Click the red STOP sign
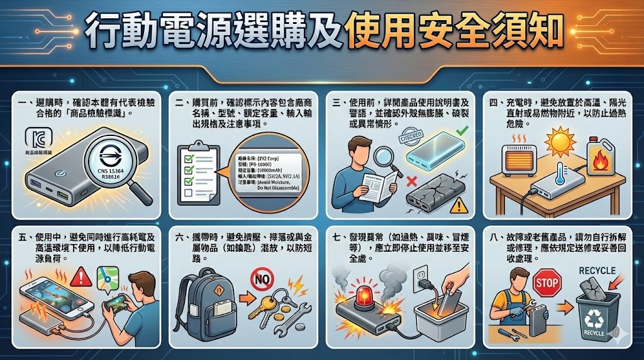click(x=546, y=283)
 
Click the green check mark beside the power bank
click(x=460, y=132)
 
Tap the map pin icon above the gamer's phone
click(x=108, y=278)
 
